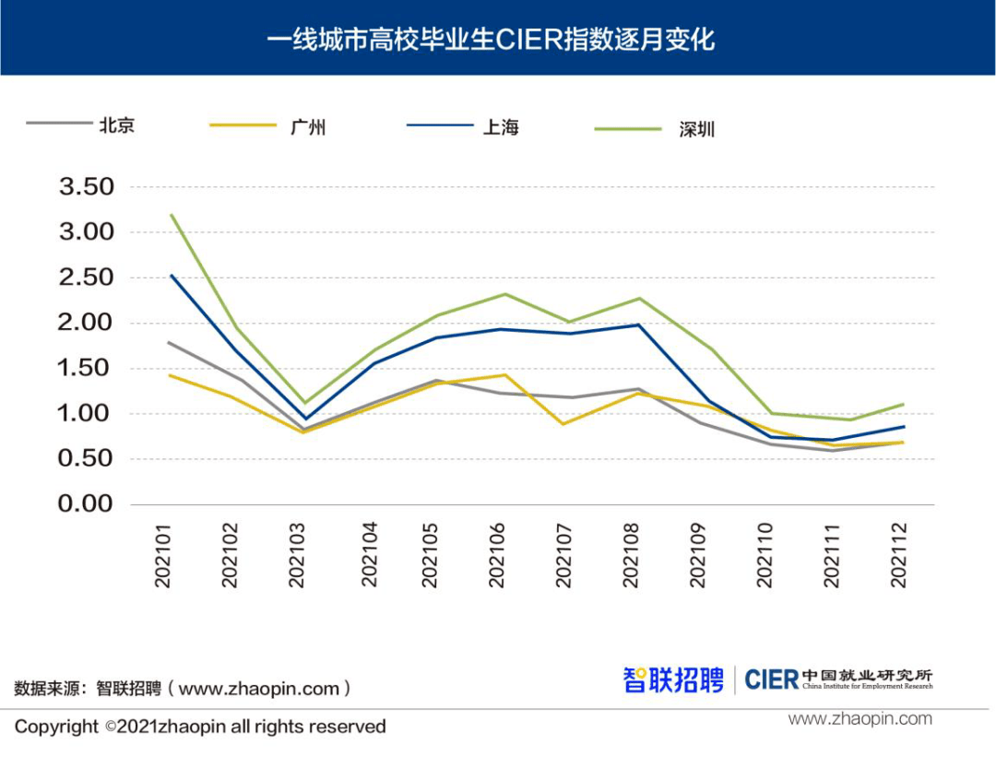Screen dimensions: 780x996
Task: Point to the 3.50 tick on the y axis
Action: tap(87, 187)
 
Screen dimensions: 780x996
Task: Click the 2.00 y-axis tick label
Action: tap(87, 323)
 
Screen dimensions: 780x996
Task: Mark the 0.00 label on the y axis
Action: tap(87, 504)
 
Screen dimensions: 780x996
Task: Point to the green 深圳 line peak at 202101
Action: tap(171, 215)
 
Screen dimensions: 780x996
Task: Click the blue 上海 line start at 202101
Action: tap(171, 275)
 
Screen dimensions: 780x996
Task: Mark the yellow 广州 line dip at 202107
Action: tap(563, 424)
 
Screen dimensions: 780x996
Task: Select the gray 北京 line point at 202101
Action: tap(171, 342)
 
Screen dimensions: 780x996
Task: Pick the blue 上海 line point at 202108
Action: tap(638, 325)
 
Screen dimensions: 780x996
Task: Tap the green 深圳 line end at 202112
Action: tap(902, 404)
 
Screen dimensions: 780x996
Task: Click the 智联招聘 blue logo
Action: tap(673, 680)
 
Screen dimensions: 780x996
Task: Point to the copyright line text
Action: tap(200, 727)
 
